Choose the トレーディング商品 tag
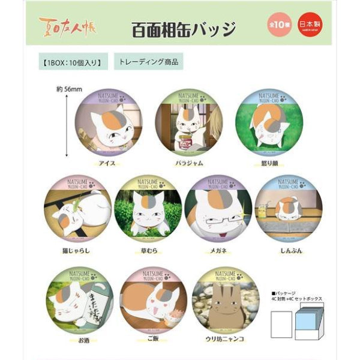click(x=148, y=61)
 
